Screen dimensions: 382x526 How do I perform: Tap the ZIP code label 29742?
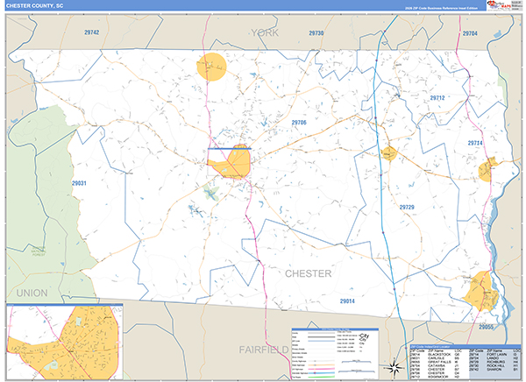pos(91,32)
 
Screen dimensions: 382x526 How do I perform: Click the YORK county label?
pos(264,32)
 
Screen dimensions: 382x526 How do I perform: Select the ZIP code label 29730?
pos(316,32)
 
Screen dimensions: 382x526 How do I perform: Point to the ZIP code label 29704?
pos(470,32)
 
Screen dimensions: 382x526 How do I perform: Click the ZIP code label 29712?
pos(437,98)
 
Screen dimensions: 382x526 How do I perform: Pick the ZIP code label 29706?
pos(299,122)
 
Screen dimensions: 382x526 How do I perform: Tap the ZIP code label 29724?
pos(475,143)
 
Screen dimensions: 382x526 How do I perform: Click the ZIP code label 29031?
pos(80,183)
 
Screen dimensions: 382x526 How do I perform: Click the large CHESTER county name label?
pos(308,273)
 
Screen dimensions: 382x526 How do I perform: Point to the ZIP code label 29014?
pos(348,301)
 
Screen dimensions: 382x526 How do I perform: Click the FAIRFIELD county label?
pos(264,349)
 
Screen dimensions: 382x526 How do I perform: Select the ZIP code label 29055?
pos(487,327)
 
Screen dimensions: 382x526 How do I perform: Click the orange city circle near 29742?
pos(211,67)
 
